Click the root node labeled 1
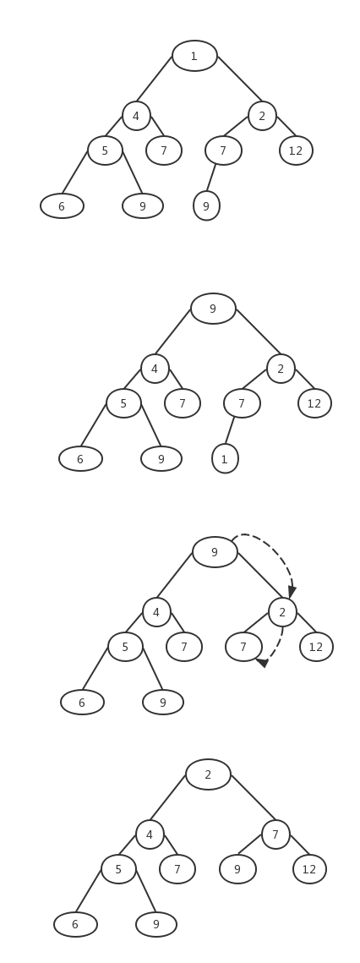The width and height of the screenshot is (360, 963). click(194, 56)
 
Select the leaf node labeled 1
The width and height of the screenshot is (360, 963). click(225, 459)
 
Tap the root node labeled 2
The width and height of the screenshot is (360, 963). click(208, 774)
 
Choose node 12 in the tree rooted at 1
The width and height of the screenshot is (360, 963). click(296, 150)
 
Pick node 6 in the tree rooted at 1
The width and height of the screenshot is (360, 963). click(62, 205)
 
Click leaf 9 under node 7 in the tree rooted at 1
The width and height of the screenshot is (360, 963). click(206, 205)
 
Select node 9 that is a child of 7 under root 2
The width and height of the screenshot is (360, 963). click(237, 869)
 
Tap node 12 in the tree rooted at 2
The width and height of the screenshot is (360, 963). click(309, 869)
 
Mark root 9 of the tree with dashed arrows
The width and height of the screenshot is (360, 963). click(215, 552)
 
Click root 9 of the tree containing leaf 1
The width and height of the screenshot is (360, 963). click(213, 309)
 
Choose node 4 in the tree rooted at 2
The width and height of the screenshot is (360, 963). click(150, 834)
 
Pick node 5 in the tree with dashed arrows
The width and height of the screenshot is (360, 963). click(125, 647)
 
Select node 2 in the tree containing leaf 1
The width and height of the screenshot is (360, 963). click(281, 369)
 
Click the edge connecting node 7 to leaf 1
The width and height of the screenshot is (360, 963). click(230, 430)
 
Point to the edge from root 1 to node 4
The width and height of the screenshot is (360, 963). click(154, 79)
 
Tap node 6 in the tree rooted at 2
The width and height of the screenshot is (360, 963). click(75, 924)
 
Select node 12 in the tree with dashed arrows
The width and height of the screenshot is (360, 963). click(316, 647)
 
